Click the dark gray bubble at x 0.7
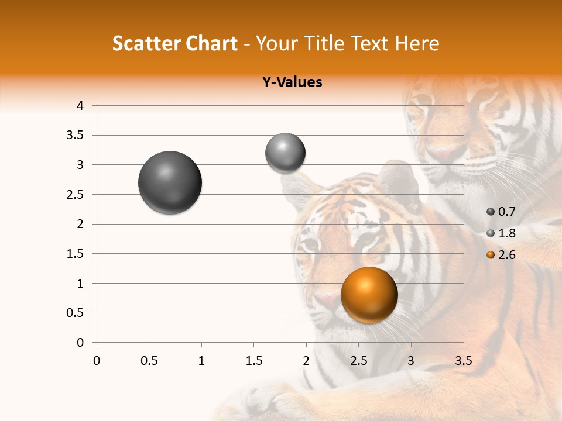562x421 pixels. (x=170, y=182)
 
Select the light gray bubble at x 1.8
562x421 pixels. (x=285, y=153)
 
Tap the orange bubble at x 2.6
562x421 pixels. (x=369, y=295)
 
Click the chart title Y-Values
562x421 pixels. (x=292, y=82)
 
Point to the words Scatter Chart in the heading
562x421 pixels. (x=174, y=43)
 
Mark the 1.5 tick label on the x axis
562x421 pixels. (x=253, y=361)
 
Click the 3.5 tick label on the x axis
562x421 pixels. (x=463, y=361)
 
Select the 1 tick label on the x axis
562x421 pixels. (x=201, y=361)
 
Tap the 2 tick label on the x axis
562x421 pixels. (x=306, y=361)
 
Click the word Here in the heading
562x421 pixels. (x=417, y=43)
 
